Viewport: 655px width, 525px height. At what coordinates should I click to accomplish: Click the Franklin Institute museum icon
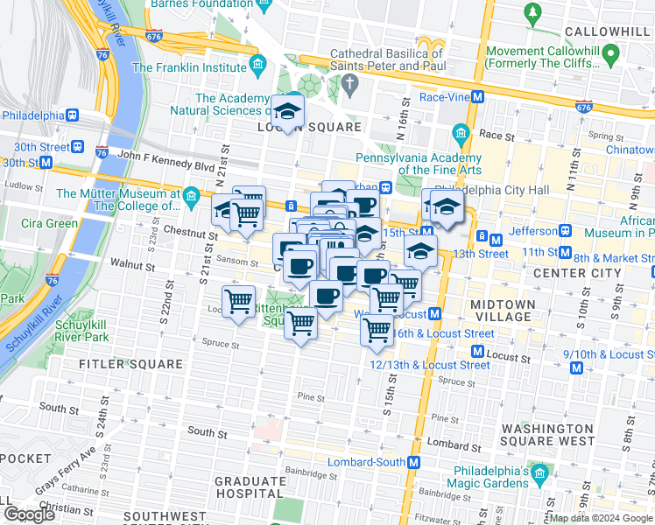(x=257, y=66)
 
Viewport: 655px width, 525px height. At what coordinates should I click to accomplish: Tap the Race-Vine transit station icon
(x=478, y=97)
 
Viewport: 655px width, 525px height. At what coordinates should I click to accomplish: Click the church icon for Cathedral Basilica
(x=351, y=86)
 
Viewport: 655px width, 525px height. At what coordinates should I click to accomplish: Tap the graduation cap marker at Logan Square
(x=286, y=111)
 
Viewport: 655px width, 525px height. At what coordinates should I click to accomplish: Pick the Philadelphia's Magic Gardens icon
(x=540, y=476)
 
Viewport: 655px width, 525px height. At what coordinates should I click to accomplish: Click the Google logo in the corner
(x=29, y=514)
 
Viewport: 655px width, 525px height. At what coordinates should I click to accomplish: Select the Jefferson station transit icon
(x=566, y=231)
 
